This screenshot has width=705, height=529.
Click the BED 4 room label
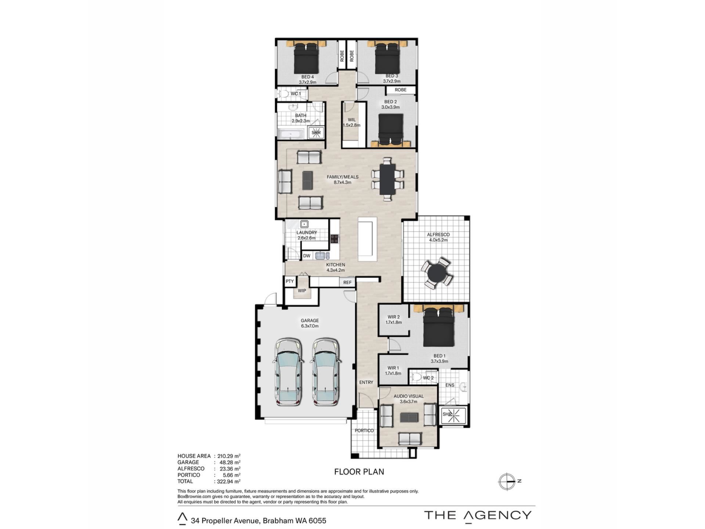pyautogui.click(x=307, y=77)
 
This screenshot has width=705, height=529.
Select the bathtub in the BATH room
pyautogui.click(x=290, y=134)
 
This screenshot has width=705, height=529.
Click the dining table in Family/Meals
pyautogui.click(x=387, y=179)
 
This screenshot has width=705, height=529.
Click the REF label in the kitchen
pyautogui.click(x=347, y=283)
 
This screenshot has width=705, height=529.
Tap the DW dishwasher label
pyautogui.click(x=307, y=256)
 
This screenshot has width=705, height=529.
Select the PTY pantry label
pyautogui.click(x=290, y=281)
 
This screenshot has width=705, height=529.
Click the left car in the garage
pyautogui.click(x=289, y=372)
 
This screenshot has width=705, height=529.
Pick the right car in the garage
pyautogui.click(x=326, y=372)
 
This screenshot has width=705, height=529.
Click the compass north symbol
pyautogui.click(x=508, y=481)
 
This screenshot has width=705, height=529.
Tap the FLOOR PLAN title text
pyautogui.click(x=359, y=472)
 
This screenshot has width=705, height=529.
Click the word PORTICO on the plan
pyautogui.click(x=364, y=431)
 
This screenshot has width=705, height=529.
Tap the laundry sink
pyautogui.click(x=304, y=224)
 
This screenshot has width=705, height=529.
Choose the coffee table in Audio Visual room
pyautogui.click(x=409, y=417)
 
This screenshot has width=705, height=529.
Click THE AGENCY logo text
pyautogui.click(x=478, y=515)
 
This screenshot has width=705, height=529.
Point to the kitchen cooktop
pyautogui.click(x=334, y=239)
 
